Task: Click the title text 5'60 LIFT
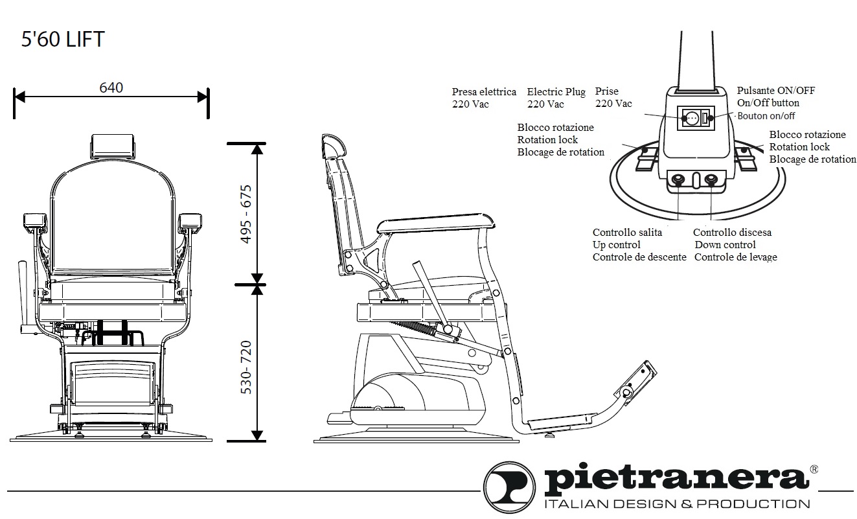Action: (x=63, y=40)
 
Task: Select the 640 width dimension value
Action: (x=111, y=87)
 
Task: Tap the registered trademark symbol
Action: (x=814, y=468)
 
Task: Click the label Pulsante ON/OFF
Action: (x=775, y=91)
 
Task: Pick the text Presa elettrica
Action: (x=484, y=92)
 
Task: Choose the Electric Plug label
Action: (x=556, y=92)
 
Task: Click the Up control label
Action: (x=616, y=245)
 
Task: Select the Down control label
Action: (x=725, y=245)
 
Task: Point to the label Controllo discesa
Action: (x=732, y=233)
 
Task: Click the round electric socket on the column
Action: (x=691, y=119)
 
